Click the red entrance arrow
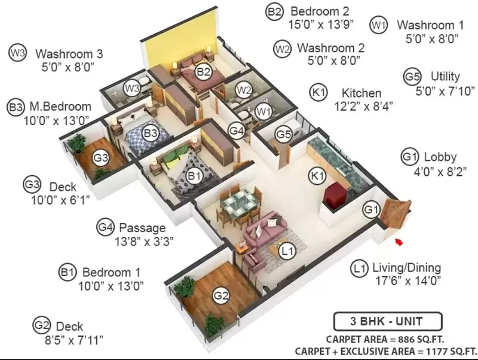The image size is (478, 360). pyautogui.click(x=399, y=242)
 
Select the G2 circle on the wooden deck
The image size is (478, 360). pyautogui.click(x=220, y=295)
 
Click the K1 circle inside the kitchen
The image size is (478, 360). pyautogui.click(x=317, y=176)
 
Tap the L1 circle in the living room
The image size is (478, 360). pyautogui.click(x=287, y=251)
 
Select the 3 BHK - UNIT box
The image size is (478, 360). pyautogui.click(x=388, y=322)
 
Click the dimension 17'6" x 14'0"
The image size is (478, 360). pyautogui.click(x=408, y=280)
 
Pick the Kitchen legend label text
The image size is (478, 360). pyautogui.click(x=361, y=93)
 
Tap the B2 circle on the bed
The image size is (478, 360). pyautogui.click(x=203, y=72)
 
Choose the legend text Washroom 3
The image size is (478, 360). pyautogui.click(x=69, y=54)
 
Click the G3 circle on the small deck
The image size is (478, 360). pyautogui.click(x=101, y=158)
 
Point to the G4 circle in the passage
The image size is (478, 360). pyautogui.click(x=237, y=130)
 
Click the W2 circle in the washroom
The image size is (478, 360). pyautogui.click(x=244, y=90)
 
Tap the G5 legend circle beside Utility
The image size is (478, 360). pyautogui.click(x=412, y=77)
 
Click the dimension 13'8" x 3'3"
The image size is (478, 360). pyautogui.click(x=144, y=242)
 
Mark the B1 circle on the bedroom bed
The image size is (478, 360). pyautogui.click(x=194, y=176)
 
